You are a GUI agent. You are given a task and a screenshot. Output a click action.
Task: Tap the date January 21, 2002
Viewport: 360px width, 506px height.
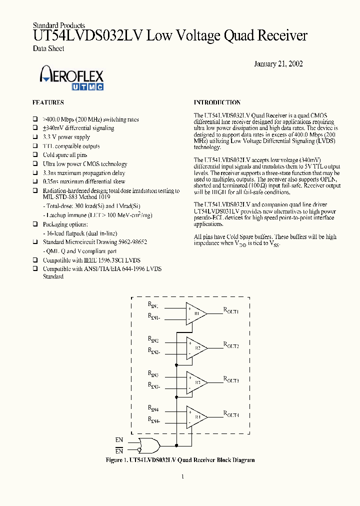pos(278,64)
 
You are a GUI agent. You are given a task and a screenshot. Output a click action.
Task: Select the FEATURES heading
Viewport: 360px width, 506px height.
pos(48,102)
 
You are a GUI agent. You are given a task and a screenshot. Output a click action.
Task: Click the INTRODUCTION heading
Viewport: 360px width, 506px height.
pos(217,102)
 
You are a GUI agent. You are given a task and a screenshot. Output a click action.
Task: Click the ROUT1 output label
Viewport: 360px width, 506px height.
pos(231,311)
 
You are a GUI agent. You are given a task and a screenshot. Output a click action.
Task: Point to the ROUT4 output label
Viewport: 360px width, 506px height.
pos(231,414)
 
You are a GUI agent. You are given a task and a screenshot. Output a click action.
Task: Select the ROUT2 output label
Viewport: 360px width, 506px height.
pos(231,345)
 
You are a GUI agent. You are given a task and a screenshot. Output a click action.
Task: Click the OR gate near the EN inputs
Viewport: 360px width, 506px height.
pos(150,444)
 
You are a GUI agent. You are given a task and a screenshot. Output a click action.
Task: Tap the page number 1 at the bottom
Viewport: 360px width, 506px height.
pos(182,476)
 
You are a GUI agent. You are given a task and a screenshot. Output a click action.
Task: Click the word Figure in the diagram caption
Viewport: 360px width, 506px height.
pos(115,460)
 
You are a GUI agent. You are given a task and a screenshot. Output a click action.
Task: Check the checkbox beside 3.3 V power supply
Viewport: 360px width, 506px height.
pos(35,137)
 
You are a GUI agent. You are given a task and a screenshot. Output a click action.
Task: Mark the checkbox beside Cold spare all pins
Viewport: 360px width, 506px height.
pos(35,155)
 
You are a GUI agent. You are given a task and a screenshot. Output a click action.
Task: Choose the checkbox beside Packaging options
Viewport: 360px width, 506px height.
pos(35,225)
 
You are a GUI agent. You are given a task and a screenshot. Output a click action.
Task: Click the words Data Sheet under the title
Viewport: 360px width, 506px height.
pos(48,48)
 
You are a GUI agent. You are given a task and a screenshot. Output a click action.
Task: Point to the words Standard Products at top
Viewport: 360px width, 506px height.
pos(59,25)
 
